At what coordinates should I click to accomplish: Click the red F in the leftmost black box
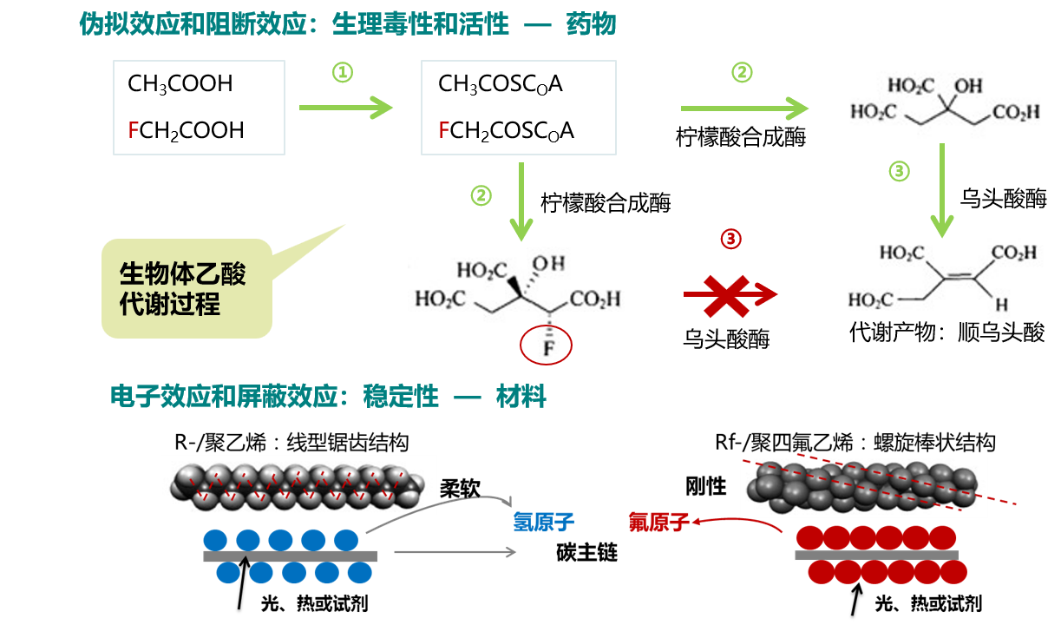click(x=134, y=130)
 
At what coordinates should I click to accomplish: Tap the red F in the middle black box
click(x=444, y=130)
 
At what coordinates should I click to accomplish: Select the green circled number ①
click(x=343, y=73)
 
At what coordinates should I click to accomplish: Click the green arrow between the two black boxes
click(x=345, y=108)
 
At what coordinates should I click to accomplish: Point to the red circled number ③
click(x=731, y=238)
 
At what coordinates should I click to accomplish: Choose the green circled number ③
click(x=900, y=172)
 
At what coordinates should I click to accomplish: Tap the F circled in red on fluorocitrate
click(x=547, y=347)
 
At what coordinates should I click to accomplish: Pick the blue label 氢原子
click(x=544, y=522)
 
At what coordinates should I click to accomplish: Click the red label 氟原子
click(x=658, y=522)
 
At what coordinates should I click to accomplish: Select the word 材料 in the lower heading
click(x=521, y=398)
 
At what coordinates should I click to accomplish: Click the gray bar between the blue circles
click(x=291, y=556)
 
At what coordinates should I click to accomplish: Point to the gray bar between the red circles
click(x=876, y=555)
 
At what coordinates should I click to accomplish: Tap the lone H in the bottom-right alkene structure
click(x=1002, y=306)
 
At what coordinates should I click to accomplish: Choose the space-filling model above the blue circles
click(x=298, y=485)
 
